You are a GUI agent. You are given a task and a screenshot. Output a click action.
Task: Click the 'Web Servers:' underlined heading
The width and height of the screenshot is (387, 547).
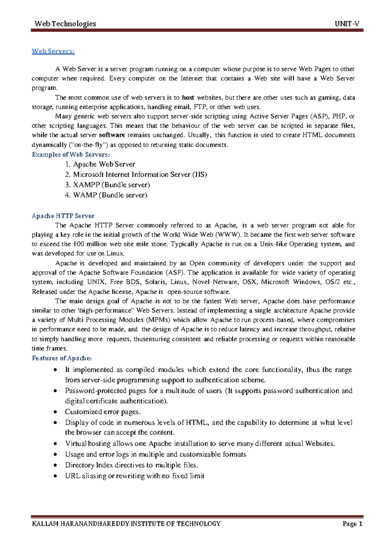[x=53, y=51]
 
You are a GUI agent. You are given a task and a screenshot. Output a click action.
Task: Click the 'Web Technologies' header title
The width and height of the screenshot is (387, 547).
[x=65, y=24]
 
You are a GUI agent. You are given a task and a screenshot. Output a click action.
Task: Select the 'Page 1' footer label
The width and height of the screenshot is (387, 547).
[x=352, y=524]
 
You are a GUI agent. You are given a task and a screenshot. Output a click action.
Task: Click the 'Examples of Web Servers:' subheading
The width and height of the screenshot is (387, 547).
[x=71, y=154]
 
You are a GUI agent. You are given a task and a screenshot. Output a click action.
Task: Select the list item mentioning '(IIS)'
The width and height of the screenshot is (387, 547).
[x=140, y=174]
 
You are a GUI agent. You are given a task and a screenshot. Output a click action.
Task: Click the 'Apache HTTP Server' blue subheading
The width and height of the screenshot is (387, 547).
[x=63, y=216]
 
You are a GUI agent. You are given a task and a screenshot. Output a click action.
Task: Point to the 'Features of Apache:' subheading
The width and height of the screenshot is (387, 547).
[x=62, y=358]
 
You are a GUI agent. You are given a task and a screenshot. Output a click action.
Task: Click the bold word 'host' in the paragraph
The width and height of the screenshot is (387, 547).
[x=188, y=97]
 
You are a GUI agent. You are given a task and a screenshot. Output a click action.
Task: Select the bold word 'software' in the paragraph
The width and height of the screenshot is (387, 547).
[x=112, y=135]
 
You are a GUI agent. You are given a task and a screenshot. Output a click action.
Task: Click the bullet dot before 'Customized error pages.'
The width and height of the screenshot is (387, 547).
[x=56, y=412]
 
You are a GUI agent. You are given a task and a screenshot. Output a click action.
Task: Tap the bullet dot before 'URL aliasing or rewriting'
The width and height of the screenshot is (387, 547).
[x=56, y=476]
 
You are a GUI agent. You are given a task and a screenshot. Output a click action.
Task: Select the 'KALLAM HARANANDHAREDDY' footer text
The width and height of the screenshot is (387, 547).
[x=80, y=524]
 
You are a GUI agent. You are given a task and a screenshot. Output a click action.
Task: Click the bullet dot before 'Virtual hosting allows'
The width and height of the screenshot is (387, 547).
[x=56, y=444]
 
